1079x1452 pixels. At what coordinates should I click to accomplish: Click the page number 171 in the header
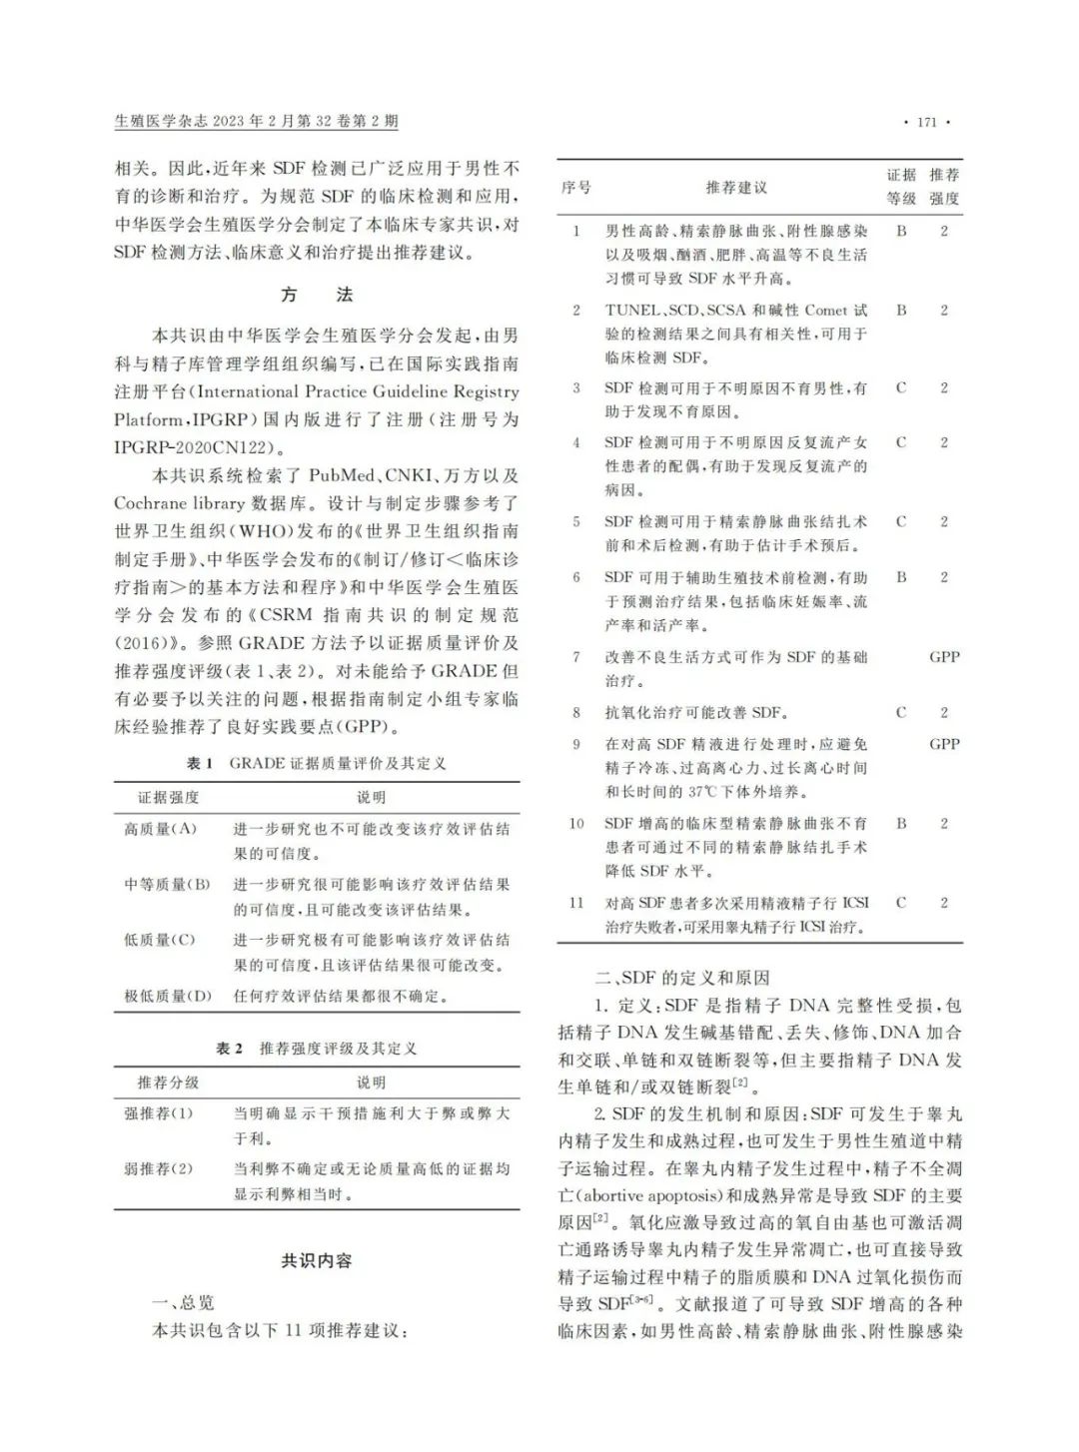pyautogui.click(x=926, y=122)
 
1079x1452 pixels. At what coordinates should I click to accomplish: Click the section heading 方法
pyautogui.click(x=317, y=295)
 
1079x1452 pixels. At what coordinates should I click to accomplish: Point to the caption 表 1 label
pyautogui.click(x=200, y=763)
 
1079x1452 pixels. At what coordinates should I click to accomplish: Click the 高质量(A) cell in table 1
pyautogui.click(x=160, y=829)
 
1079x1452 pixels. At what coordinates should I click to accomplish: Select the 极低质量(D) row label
pyautogui.click(x=168, y=996)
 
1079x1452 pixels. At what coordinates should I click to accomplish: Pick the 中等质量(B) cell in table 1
pyautogui.click(x=167, y=884)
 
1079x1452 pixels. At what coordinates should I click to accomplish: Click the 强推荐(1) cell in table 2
pyautogui.click(x=158, y=1113)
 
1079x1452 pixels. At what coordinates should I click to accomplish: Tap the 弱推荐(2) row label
pyautogui.click(x=158, y=1168)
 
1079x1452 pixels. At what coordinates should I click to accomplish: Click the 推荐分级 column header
pyautogui.click(x=168, y=1083)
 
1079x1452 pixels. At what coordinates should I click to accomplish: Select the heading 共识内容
pyautogui.click(x=317, y=1261)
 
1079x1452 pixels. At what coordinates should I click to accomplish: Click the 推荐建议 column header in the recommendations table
pyautogui.click(x=736, y=187)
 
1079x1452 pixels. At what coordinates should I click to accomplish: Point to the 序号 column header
pyautogui.click(x=576, y=187)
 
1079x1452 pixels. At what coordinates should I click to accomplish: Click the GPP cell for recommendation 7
pyautogui.click(x=944, y=657)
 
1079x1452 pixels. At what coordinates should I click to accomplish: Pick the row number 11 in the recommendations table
pyautogui.click(x=576, y=903)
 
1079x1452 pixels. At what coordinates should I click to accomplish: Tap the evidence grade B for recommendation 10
pyautogui.click(x=901, y=824)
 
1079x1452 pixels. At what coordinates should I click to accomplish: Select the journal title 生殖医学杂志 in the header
pyautogui.click(x=161, y=122)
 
